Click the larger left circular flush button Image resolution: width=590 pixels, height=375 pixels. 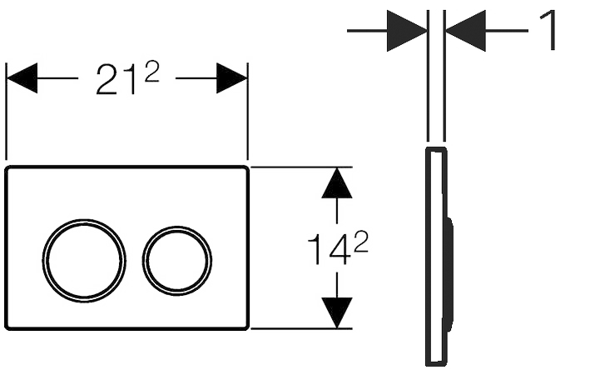coord(85,261)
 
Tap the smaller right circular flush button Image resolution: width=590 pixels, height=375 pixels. coord(176,260)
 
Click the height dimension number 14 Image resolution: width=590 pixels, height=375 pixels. coord(325,250)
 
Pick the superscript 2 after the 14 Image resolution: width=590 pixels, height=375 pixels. coord(359,242)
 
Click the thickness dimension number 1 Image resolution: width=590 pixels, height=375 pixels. coord(549,32)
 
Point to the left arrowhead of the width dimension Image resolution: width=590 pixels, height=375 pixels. coord(22,78)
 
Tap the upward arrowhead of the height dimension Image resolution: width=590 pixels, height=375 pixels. coord(336,183)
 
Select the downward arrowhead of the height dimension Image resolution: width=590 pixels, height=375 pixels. coord(336,312)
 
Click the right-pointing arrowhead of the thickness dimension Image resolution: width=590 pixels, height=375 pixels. coord(407,31)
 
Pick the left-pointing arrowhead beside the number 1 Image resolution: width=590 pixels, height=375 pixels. coord(465,31)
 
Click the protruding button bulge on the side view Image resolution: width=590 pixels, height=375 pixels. coord(450,274)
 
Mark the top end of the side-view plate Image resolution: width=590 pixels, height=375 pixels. coord(436,151)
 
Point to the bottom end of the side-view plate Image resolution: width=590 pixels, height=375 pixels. coord(436,362)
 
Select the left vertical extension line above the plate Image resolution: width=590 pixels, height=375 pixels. coord(7,108)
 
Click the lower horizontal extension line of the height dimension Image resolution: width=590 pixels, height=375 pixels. coord(300,328)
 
